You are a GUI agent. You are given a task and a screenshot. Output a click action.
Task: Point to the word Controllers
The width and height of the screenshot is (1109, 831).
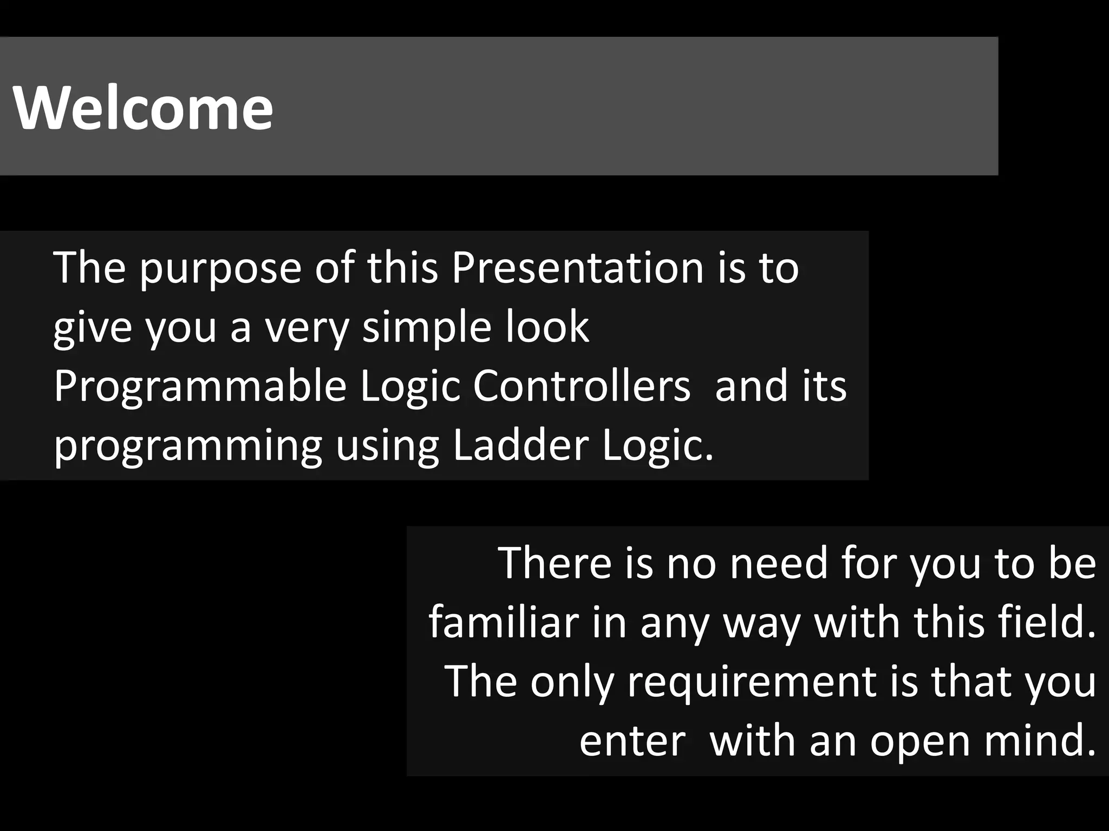(x=582, y=386)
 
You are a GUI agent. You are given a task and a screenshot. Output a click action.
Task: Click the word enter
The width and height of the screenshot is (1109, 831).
(x=632, y=741)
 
